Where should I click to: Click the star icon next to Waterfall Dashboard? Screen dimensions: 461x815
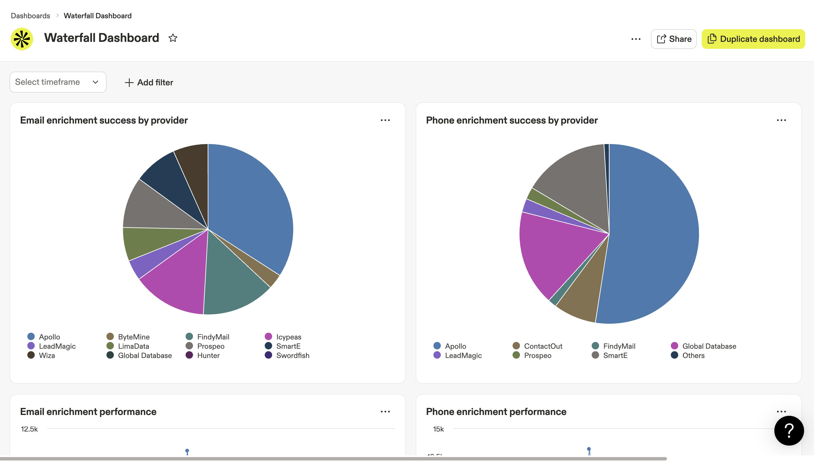coord(173,38)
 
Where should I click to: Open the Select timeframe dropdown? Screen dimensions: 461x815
coord(58,82)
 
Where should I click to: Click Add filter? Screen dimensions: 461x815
coord(149,82)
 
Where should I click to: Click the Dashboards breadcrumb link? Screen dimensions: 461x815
coord(30,15)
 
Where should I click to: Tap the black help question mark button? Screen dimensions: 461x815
coord(789,431)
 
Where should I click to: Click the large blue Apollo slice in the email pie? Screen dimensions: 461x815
coord(250,203)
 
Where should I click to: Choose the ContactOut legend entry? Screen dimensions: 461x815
coord(543,346)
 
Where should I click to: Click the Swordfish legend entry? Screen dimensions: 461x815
coord(292,355)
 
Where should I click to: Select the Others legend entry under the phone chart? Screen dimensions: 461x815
coord(693,355)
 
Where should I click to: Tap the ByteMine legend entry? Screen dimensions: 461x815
coord(133,337)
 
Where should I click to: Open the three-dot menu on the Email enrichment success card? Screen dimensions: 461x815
coord(385,120)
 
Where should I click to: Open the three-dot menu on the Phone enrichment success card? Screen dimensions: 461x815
coord(781,120)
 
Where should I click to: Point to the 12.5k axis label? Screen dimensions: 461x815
coord(29,429)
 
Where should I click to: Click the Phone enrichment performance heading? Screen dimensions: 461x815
coord(496,412)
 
